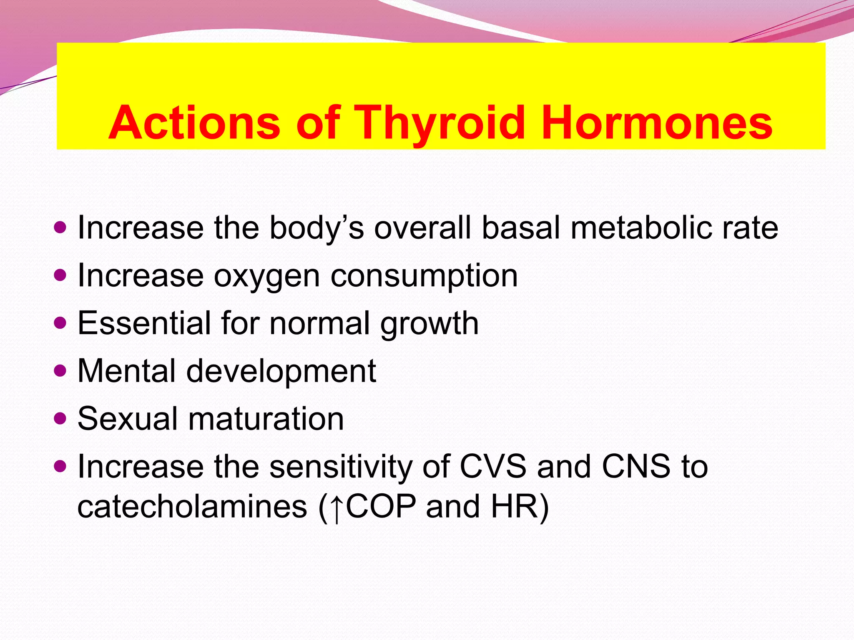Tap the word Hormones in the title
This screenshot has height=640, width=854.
click(656, 123)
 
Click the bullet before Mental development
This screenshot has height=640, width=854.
click(60, 370)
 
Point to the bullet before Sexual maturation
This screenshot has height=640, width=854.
click(60, 417)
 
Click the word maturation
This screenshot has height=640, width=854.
click(266, 419)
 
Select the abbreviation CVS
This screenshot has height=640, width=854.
click(492, 466)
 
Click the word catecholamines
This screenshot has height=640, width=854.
click(192, 507)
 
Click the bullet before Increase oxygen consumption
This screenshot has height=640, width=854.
click(60, 275)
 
